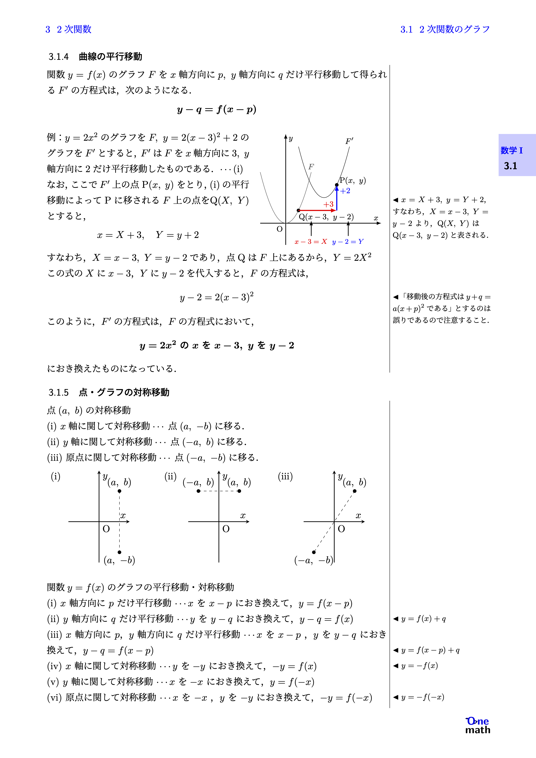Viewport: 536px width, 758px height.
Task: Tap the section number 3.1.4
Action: [x=59, y=57]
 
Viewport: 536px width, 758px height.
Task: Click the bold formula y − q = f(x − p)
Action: [x=217, y=110]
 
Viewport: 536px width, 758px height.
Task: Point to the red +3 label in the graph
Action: [x=328, y=204]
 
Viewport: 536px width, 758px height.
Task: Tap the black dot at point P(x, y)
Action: [x=336, y=185]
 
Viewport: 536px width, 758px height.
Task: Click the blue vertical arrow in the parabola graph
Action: [x=336, y=198]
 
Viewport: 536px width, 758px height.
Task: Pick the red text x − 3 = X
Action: [x=310, y=242]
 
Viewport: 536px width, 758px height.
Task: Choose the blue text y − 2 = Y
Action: [x=348, y=242]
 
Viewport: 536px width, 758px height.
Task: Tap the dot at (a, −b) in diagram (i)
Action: [x=120, y=552]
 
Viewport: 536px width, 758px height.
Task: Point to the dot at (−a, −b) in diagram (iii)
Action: [x=314, y=552]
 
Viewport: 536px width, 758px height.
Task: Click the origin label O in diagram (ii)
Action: [x=226, y=529]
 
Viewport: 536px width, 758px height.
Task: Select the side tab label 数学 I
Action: [x=511, y=151]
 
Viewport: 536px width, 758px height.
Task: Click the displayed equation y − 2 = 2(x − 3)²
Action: [x=217, y=297]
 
